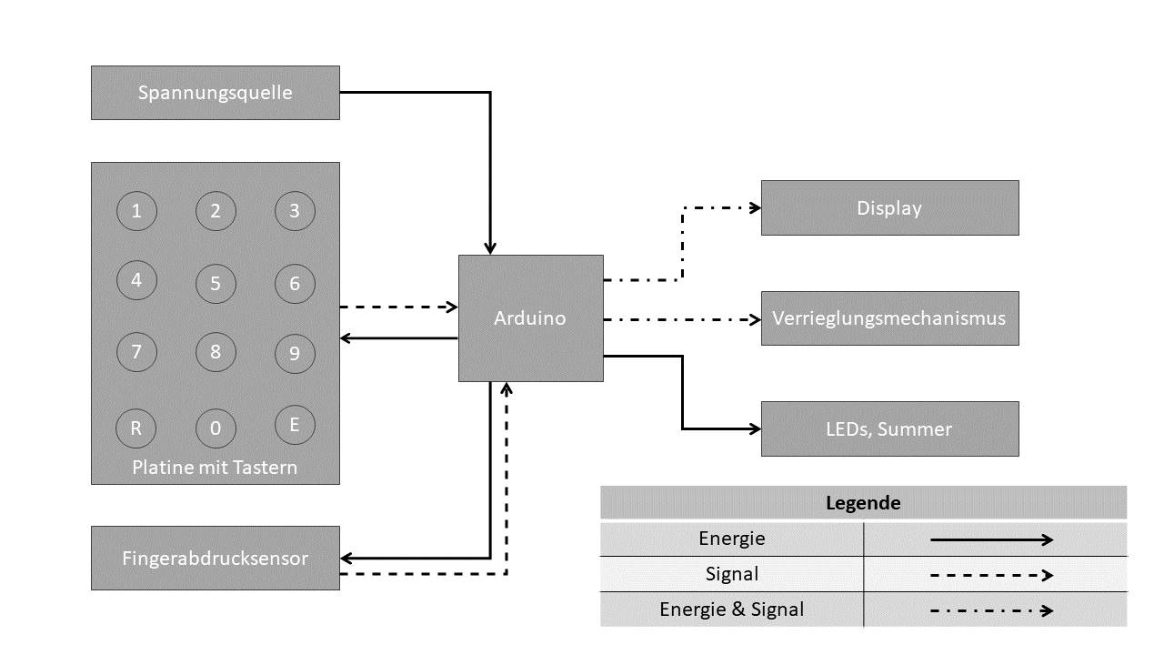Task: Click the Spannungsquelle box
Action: click(216, 93)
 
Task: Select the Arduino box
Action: click(530, 318)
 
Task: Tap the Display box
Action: click(889, 208)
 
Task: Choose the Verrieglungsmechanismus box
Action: click(889, 318)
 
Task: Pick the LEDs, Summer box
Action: click(889, 428)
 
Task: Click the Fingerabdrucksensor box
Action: click(216, 558)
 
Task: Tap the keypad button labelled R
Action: click(136, 428)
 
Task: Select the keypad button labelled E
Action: click(295, 424)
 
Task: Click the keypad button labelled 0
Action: click(216, 428)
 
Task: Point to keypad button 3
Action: click(295, 211)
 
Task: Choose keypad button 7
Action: click(136, 351)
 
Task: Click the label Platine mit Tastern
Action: click(216, 469)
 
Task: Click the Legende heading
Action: click(863, 502)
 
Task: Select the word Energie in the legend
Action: click(732, 539)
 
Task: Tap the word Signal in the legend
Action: click(732, 574)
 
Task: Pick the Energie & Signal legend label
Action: click(732, 610)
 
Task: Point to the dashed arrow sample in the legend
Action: click(991, 575)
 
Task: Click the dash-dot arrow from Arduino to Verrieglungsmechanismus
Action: click(682, 319)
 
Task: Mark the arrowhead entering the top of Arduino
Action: click(490, 248)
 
